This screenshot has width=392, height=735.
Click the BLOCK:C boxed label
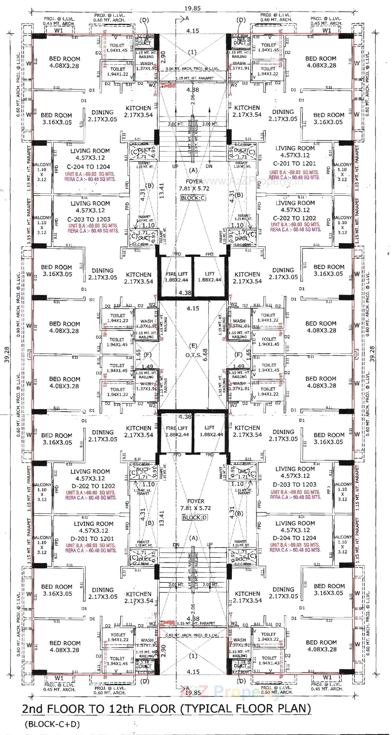193,198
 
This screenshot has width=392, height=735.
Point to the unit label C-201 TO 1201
294,163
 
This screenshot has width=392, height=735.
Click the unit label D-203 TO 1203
294,484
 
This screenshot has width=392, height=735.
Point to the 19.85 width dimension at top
193,8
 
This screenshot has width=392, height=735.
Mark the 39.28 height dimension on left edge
7,354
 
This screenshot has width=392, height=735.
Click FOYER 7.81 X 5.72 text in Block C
194,185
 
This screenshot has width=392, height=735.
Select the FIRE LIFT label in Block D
177,428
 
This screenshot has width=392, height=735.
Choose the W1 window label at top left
59,30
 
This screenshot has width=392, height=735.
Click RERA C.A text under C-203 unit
93,231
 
